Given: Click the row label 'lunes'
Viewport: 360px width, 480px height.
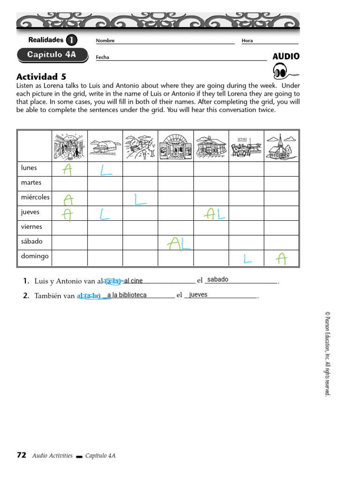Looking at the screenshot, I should pyautogui.click(x=29, y=168).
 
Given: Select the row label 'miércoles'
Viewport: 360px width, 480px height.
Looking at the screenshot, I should pyautogui.click(x=35, y=197).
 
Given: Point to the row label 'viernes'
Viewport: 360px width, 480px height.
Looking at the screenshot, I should pyautogui.click(x=31, y=227).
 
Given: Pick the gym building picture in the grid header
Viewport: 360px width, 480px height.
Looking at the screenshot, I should pyautogui.click(x=105, y=146).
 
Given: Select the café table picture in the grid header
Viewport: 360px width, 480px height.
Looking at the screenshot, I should pyautogui.click(x=246, y=146).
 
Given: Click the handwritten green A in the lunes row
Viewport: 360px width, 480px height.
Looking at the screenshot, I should pyautogui.click(x=68, y=170).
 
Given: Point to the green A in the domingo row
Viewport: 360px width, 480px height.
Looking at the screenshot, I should pyautogui.click(x=281, y=258).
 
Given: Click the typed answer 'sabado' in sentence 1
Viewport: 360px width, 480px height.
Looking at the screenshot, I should pyautogui.click(x=217, y=280).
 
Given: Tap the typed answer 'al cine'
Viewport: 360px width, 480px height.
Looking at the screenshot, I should pyautogui.click(x=133, y=281).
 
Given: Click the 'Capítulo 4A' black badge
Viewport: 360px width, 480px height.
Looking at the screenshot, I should pyautogui.click(x=52, y=55).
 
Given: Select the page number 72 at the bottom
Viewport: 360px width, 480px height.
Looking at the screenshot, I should pyautogui.click(x=22, y=455).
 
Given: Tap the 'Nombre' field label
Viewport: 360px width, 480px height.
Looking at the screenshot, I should pyautogui.click(x=105, y=41).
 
